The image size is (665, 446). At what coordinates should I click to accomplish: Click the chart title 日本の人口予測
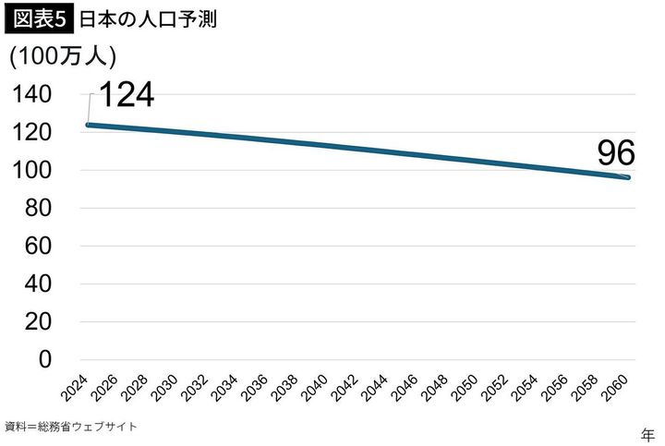click(148, 19)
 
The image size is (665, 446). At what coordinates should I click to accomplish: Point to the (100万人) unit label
click(63, 56)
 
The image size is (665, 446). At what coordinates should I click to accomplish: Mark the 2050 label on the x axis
click(468, 387)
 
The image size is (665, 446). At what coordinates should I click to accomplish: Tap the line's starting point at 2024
click(88, 125)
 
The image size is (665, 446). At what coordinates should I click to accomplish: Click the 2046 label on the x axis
click(407, 387)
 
